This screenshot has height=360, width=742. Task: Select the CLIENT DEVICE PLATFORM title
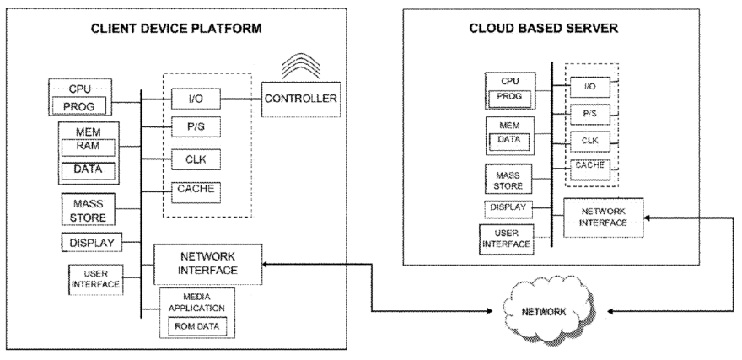coord(176,29)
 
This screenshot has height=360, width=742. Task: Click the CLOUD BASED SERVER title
coord(544,28)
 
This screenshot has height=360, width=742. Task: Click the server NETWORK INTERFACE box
coord(604,217)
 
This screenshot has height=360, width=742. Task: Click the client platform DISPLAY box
coord(93,243)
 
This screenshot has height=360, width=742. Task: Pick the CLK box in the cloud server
coord(590,140)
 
